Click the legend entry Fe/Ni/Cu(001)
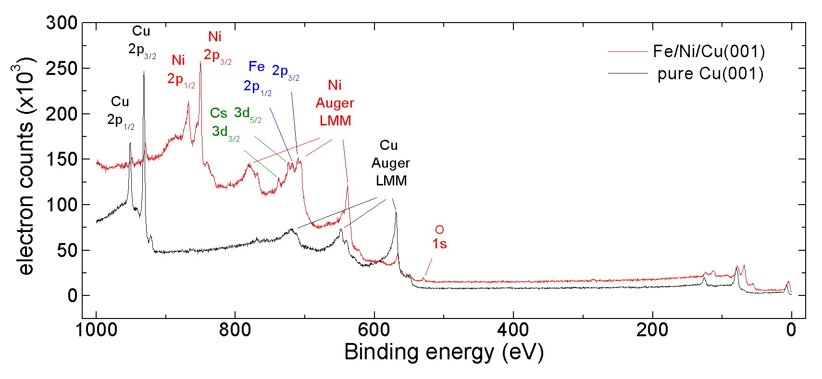pos(709,51)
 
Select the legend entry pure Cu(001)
pos(710,73)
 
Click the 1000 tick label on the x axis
pos(96,330)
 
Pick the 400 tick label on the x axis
pos(513,330)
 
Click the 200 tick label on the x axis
pos(652,330)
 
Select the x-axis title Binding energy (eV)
pos(444,352)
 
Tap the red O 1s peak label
pos(439,237)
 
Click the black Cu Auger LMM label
pos(390,163)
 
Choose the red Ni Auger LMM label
pos(335,103)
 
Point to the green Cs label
pos(218,113)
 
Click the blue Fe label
pos(257,67)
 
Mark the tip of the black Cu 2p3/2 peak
pos(144,72)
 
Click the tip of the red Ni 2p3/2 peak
pos(200,62)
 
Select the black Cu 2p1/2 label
pos(120,111)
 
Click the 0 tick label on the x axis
pos(791,330)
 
